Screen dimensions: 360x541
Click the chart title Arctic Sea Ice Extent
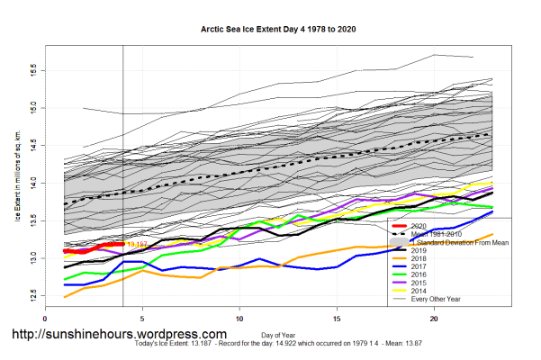pos(270,29)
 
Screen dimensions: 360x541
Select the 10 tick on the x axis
pos(239,318)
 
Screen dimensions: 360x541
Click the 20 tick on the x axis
pos(434,318)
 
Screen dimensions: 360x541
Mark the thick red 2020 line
pos(90,249)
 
